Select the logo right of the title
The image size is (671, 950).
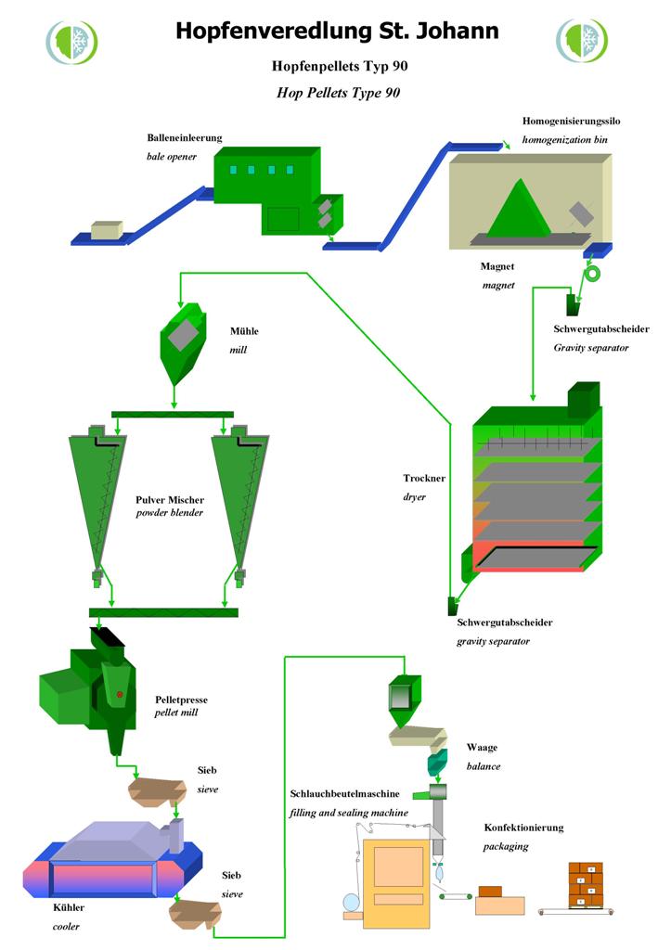[582, 42]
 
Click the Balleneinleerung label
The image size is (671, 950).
[185, 137]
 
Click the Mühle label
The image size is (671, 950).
[245, 332]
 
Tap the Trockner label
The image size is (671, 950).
[424, 479]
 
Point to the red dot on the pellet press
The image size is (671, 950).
[120, 694]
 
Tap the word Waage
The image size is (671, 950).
[482, 748]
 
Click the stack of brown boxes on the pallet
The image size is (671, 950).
[585, 885]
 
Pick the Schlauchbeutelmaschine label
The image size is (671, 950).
[344, 795]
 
